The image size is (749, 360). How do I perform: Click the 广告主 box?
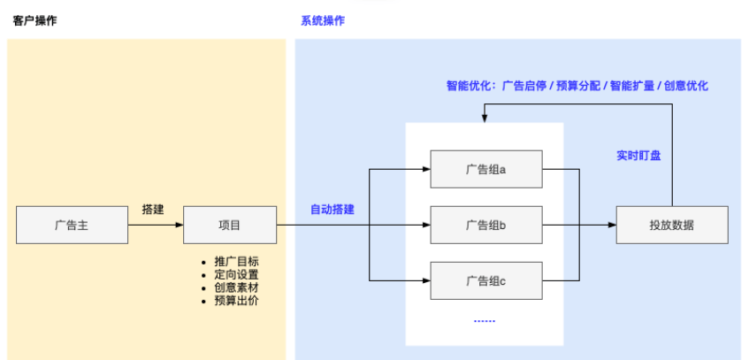[72, 225]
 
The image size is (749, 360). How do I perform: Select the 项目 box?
[229, 225]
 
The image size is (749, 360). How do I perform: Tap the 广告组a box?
[485, 169]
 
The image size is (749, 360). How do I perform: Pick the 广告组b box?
[485, 225]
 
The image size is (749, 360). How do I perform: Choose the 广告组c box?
[485, 280]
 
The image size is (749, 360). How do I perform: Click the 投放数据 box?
[671, 225]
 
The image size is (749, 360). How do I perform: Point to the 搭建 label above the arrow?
[153, 210]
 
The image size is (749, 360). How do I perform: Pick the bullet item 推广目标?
[236, 262]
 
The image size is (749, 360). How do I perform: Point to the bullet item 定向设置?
[236, 275]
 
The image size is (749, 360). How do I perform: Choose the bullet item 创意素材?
[236, 287]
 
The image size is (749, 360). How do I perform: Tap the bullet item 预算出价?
[236, 301]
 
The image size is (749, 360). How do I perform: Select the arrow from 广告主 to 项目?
[155, 225]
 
